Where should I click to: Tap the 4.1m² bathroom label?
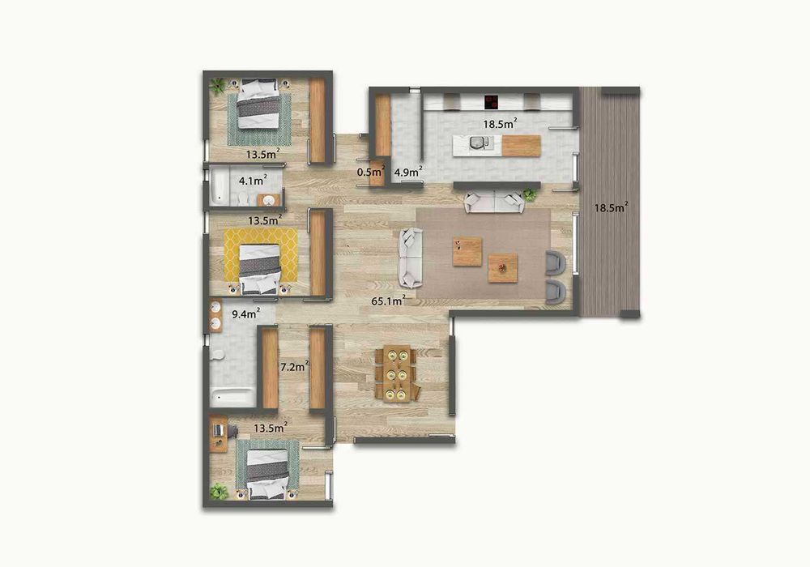click(247, 180)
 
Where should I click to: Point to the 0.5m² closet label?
click(371, 171)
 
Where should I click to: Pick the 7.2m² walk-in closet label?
click(293, 366)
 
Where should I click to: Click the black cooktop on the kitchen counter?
click(490, 102)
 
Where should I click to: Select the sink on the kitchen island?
click(478, 143)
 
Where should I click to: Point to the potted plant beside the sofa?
click(531, 194)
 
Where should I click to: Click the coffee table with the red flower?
click(502, 266)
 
